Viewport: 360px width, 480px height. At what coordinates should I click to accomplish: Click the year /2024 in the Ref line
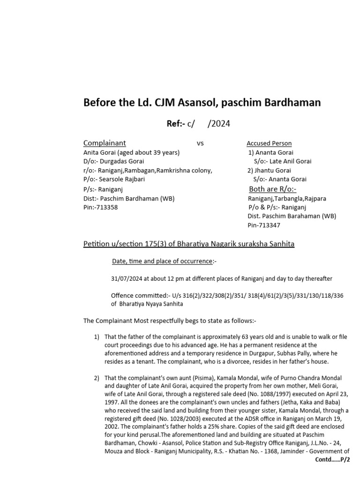[220, 124]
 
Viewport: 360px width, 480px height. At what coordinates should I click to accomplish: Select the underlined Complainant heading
[105, 143]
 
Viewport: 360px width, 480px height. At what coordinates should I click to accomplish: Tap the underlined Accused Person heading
[269, 143]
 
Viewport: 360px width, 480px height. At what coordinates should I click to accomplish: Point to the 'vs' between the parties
[200, 143]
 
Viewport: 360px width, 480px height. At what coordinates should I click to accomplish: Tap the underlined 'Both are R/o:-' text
[272, 189]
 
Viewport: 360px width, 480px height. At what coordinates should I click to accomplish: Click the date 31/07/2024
[127, 279]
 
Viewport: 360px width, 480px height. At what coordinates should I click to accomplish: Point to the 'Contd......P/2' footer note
[333, 460]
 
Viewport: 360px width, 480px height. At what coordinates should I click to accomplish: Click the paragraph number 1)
[97, 337]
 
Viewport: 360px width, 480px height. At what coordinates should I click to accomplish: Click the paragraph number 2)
[97, 378]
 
